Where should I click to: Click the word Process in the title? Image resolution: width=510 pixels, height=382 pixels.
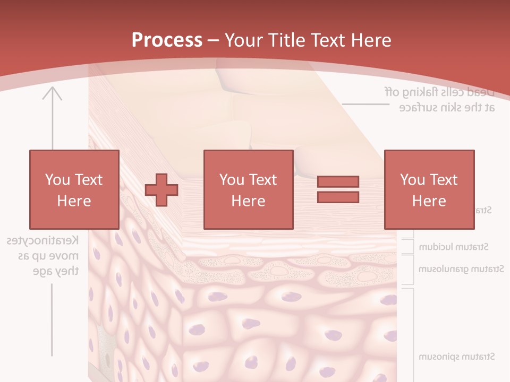(167, 40)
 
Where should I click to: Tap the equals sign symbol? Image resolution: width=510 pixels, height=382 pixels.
(338, 189)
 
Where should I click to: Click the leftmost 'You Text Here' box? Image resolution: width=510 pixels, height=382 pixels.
(74, 189)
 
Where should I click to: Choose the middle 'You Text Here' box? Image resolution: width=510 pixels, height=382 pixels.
(249, 189)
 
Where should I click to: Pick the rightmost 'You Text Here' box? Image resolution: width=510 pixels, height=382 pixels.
(429, 189)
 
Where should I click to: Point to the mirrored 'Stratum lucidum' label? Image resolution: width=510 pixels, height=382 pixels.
(454, 247)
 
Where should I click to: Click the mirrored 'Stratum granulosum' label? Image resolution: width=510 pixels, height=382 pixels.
(461, 269)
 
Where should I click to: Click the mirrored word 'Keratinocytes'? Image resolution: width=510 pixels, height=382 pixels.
(43, 240)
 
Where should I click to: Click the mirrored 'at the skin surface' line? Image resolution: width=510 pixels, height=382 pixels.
(447, 108)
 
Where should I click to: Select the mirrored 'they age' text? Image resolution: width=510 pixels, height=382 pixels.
(56, 271)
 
